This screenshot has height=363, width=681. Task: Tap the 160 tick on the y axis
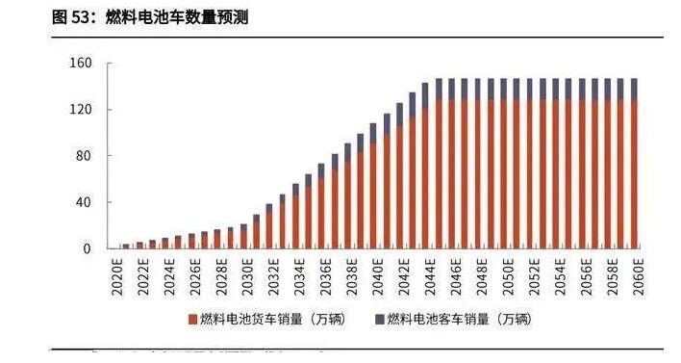80,64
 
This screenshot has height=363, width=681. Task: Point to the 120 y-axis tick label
80,110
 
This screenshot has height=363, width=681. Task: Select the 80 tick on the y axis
84,156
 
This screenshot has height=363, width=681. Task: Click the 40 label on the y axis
84,202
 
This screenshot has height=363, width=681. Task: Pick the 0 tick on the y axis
88,248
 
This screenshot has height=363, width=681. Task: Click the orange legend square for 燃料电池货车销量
192,319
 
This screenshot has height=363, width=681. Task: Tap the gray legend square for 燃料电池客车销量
381,319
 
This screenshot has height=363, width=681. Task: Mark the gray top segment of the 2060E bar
632,90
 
